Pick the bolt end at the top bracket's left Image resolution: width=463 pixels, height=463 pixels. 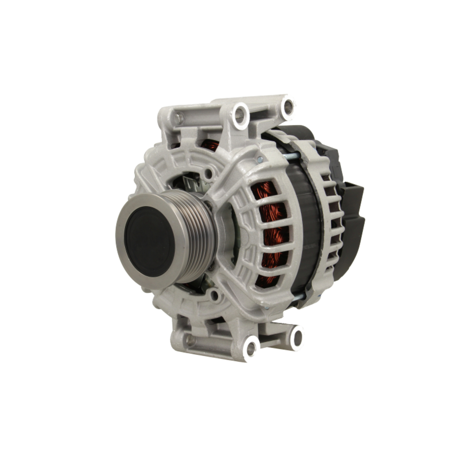[178, 119]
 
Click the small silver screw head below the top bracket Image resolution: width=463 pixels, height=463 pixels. [260, 159]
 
